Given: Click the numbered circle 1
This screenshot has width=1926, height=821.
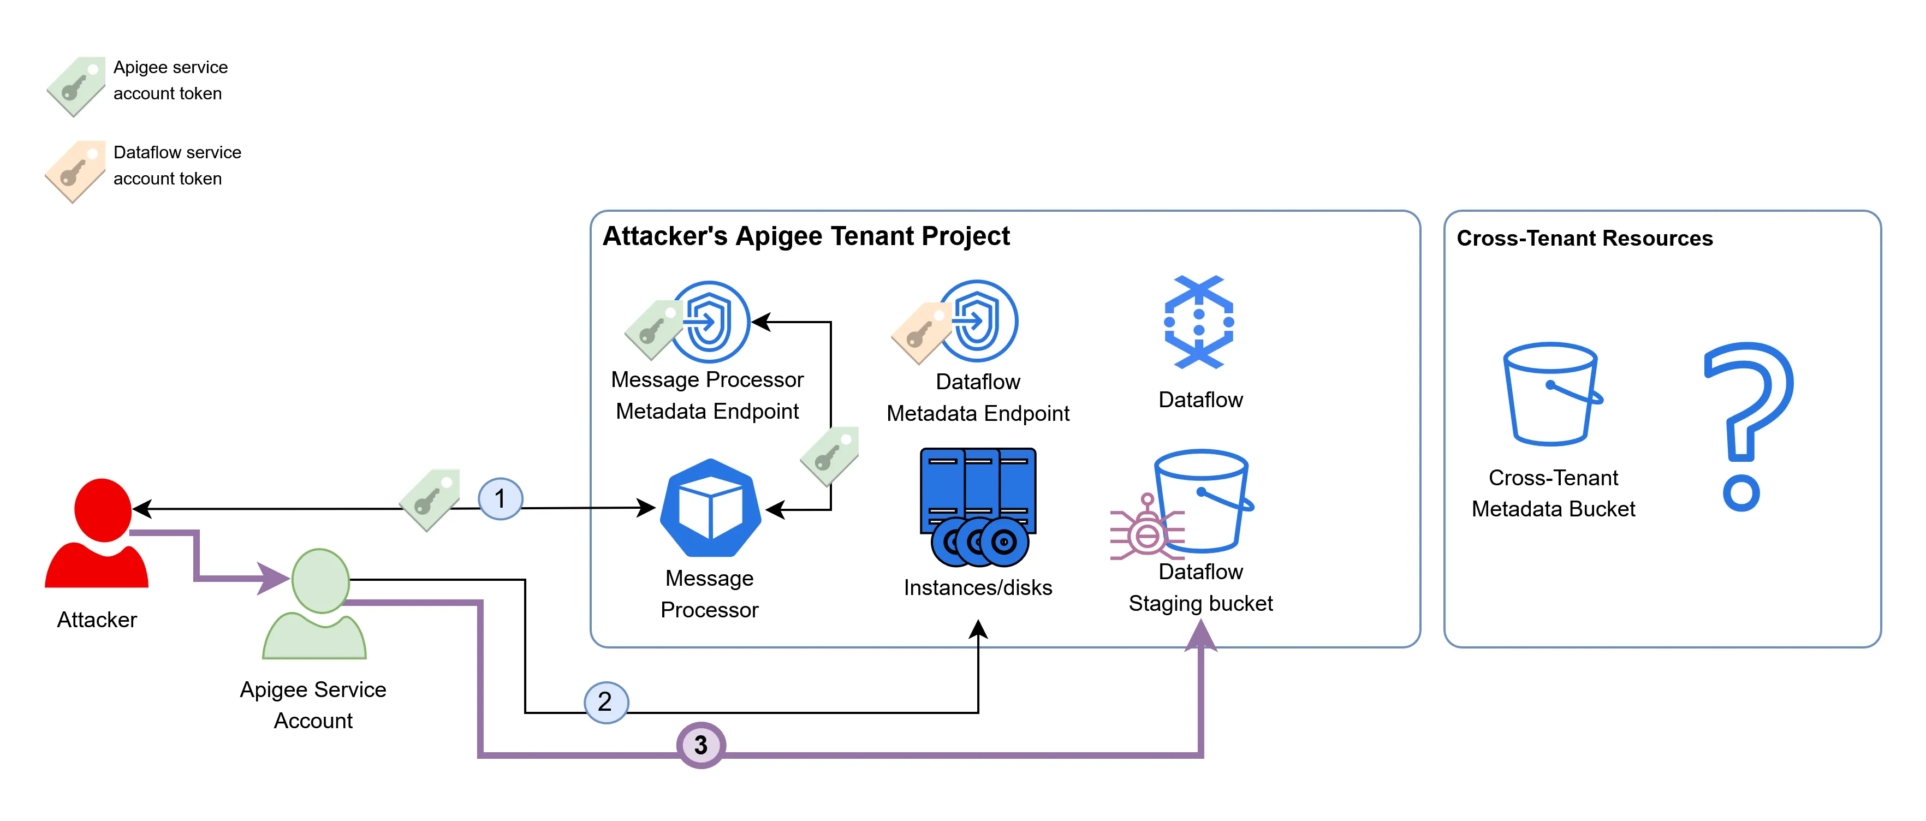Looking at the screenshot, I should coord(500,499).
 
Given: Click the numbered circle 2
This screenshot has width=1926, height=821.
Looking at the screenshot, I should coord(605,702).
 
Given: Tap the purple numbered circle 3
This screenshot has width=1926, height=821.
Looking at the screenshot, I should coord(700,745).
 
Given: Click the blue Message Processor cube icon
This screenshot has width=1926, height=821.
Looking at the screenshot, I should coord(710,508).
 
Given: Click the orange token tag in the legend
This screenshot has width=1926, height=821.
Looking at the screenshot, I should coord(75,171).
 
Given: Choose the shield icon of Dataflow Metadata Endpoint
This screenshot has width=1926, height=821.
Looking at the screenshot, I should coord(978,322).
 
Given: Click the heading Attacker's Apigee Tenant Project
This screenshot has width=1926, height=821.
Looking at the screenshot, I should coord(805,236).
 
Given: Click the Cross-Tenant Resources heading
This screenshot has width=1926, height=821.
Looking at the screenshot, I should coord(1584,239).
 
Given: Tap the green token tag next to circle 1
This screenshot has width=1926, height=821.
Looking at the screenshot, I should coord(430,499).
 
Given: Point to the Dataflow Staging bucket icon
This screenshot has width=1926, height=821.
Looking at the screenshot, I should coord(1202,499).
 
